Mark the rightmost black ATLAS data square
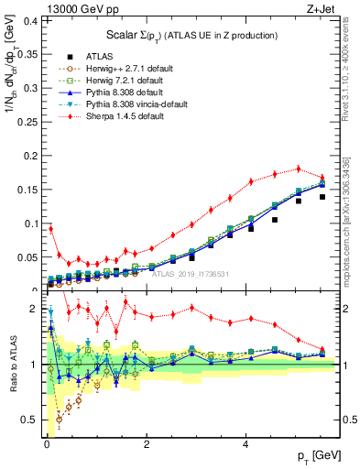click(x=322, y=197)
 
